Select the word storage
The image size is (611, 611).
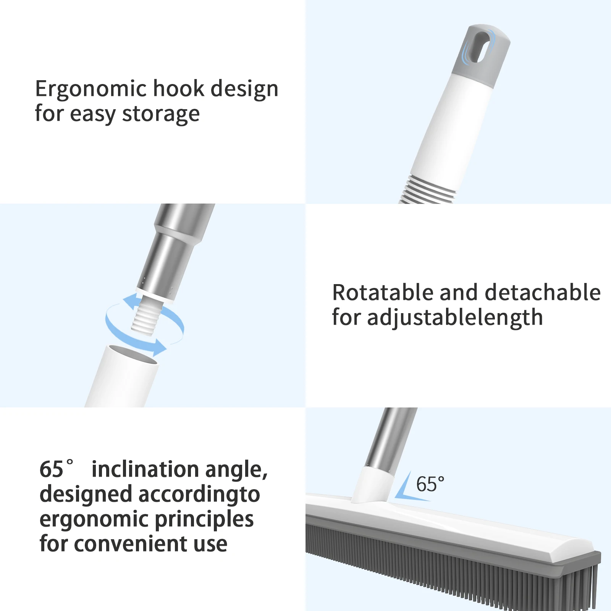click(161, 115)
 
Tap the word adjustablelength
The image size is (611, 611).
click(455, 318)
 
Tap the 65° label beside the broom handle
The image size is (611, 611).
click(430, 484)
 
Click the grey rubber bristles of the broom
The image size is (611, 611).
click(451, 561)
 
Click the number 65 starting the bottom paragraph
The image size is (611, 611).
click(52, 469)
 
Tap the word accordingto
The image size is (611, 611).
click(199, 495)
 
